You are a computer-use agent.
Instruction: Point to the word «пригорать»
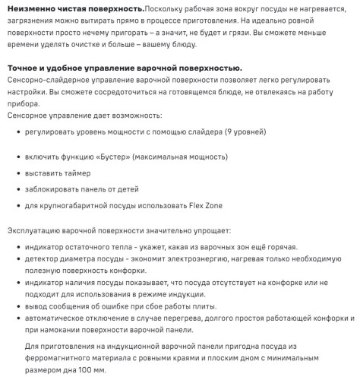(163, 35)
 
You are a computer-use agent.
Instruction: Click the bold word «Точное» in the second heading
(25, 68)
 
